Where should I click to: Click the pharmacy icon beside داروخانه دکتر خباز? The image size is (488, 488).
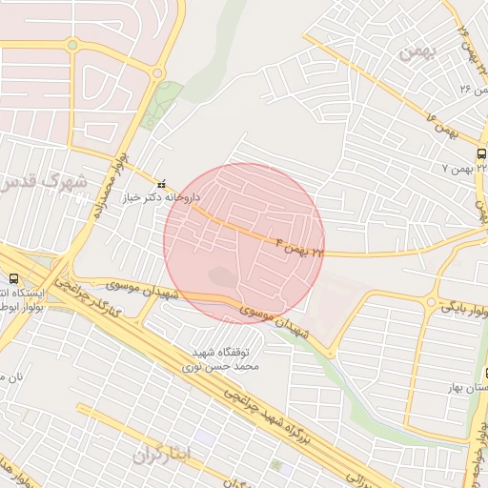point(159,181)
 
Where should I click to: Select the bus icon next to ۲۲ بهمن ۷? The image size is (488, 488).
point(479,153)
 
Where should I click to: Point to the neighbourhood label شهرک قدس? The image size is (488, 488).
point(42,180)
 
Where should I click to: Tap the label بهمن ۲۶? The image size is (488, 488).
point(466,90)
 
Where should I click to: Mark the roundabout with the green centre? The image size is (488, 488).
point(157,71)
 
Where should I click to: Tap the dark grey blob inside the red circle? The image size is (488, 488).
point(222,277)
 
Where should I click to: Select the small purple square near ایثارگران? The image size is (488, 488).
point(205,437)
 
